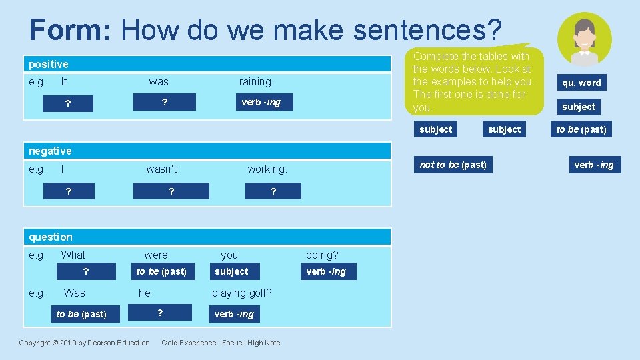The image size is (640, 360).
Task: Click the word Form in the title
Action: click(71, 30)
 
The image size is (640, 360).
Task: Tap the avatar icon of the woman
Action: click(584, 38)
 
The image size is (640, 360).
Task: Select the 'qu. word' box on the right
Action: click(581, 83)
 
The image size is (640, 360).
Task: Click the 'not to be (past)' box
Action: click(453, 165)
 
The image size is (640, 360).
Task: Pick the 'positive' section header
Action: click(49, 64)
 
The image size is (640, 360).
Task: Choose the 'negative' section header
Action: click(50, 151)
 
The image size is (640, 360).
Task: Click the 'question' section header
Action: click(51, 237)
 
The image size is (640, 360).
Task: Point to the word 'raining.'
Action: click(257, 82)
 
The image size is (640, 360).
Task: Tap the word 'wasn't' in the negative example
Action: click(162, 169)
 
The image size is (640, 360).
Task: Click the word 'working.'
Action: click(267, 169)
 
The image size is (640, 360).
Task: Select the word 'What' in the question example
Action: click(73, 255)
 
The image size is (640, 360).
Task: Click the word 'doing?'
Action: click(322, 255)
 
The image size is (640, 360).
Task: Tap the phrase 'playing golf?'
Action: click(241, 293)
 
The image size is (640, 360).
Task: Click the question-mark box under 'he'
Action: click(160, 313)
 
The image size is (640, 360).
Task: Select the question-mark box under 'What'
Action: click(85, 271)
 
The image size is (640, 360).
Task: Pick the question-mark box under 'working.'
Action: click(273, 191)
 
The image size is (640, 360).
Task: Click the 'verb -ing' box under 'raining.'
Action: click(261, 102)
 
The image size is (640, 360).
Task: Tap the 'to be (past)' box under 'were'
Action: click(161, 271)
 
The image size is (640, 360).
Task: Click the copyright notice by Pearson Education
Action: click(85, 343)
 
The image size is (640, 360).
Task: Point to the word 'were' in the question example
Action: click(156, 255)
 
